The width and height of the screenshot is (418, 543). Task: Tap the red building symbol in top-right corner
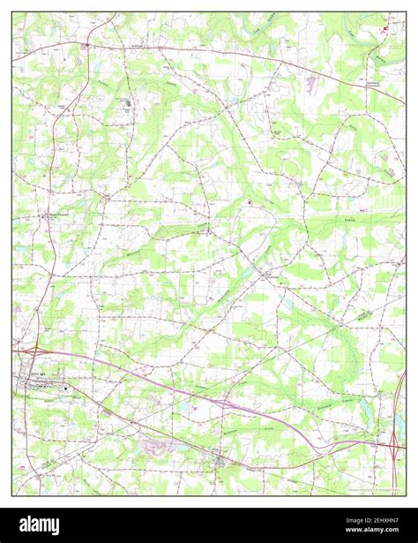point(384,30)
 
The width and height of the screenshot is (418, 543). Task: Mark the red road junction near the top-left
point(86,43)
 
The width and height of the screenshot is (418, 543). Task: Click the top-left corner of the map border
point(12,12)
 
